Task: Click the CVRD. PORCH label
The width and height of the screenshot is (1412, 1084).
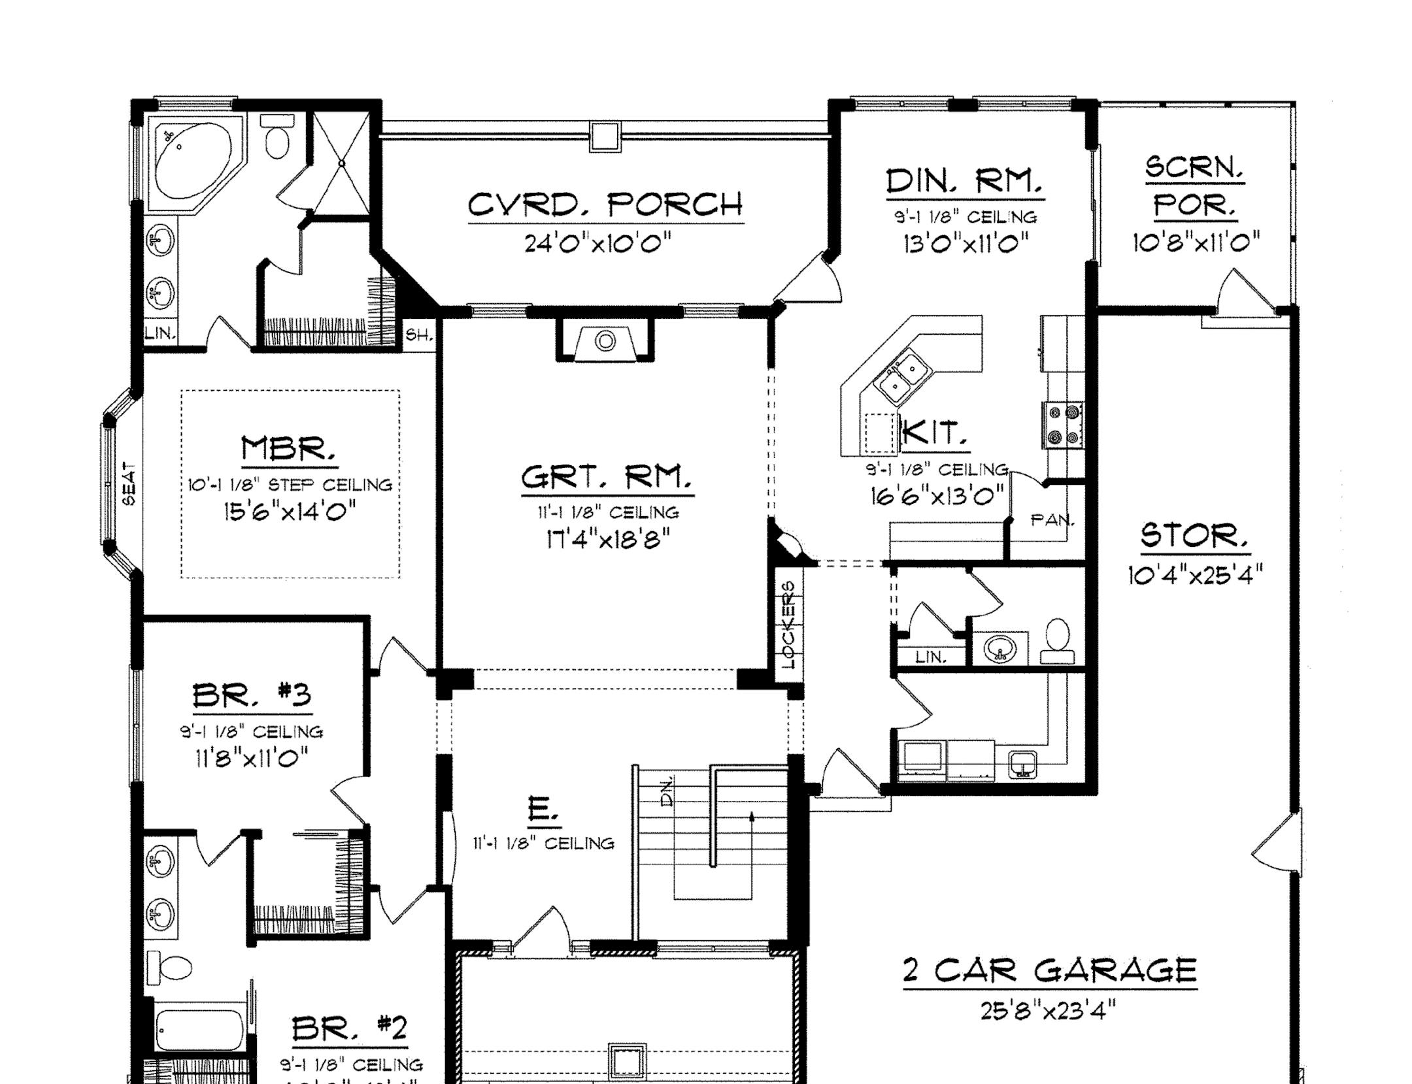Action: (605, 205)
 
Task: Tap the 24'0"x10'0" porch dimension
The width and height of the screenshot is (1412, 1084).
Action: (598, 244)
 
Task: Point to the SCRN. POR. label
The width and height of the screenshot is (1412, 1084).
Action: (1195, 187)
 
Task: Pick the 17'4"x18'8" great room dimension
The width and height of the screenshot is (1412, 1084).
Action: (608, 540)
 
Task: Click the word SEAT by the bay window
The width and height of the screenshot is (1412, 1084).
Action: (129, 484)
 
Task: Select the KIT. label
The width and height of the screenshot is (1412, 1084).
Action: (934, 433)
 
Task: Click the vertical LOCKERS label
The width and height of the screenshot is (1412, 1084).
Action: (789, 625)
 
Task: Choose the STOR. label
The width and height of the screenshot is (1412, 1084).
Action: (1194, 536)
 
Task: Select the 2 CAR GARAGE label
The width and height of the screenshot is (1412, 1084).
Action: (1050, 971)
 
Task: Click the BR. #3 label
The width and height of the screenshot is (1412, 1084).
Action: (252, 695)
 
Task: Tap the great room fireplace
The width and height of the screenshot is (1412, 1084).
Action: (605, 342)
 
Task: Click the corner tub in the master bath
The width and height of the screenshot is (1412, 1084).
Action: (193, 161)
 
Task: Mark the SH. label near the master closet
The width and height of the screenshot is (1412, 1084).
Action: (419, 336)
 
